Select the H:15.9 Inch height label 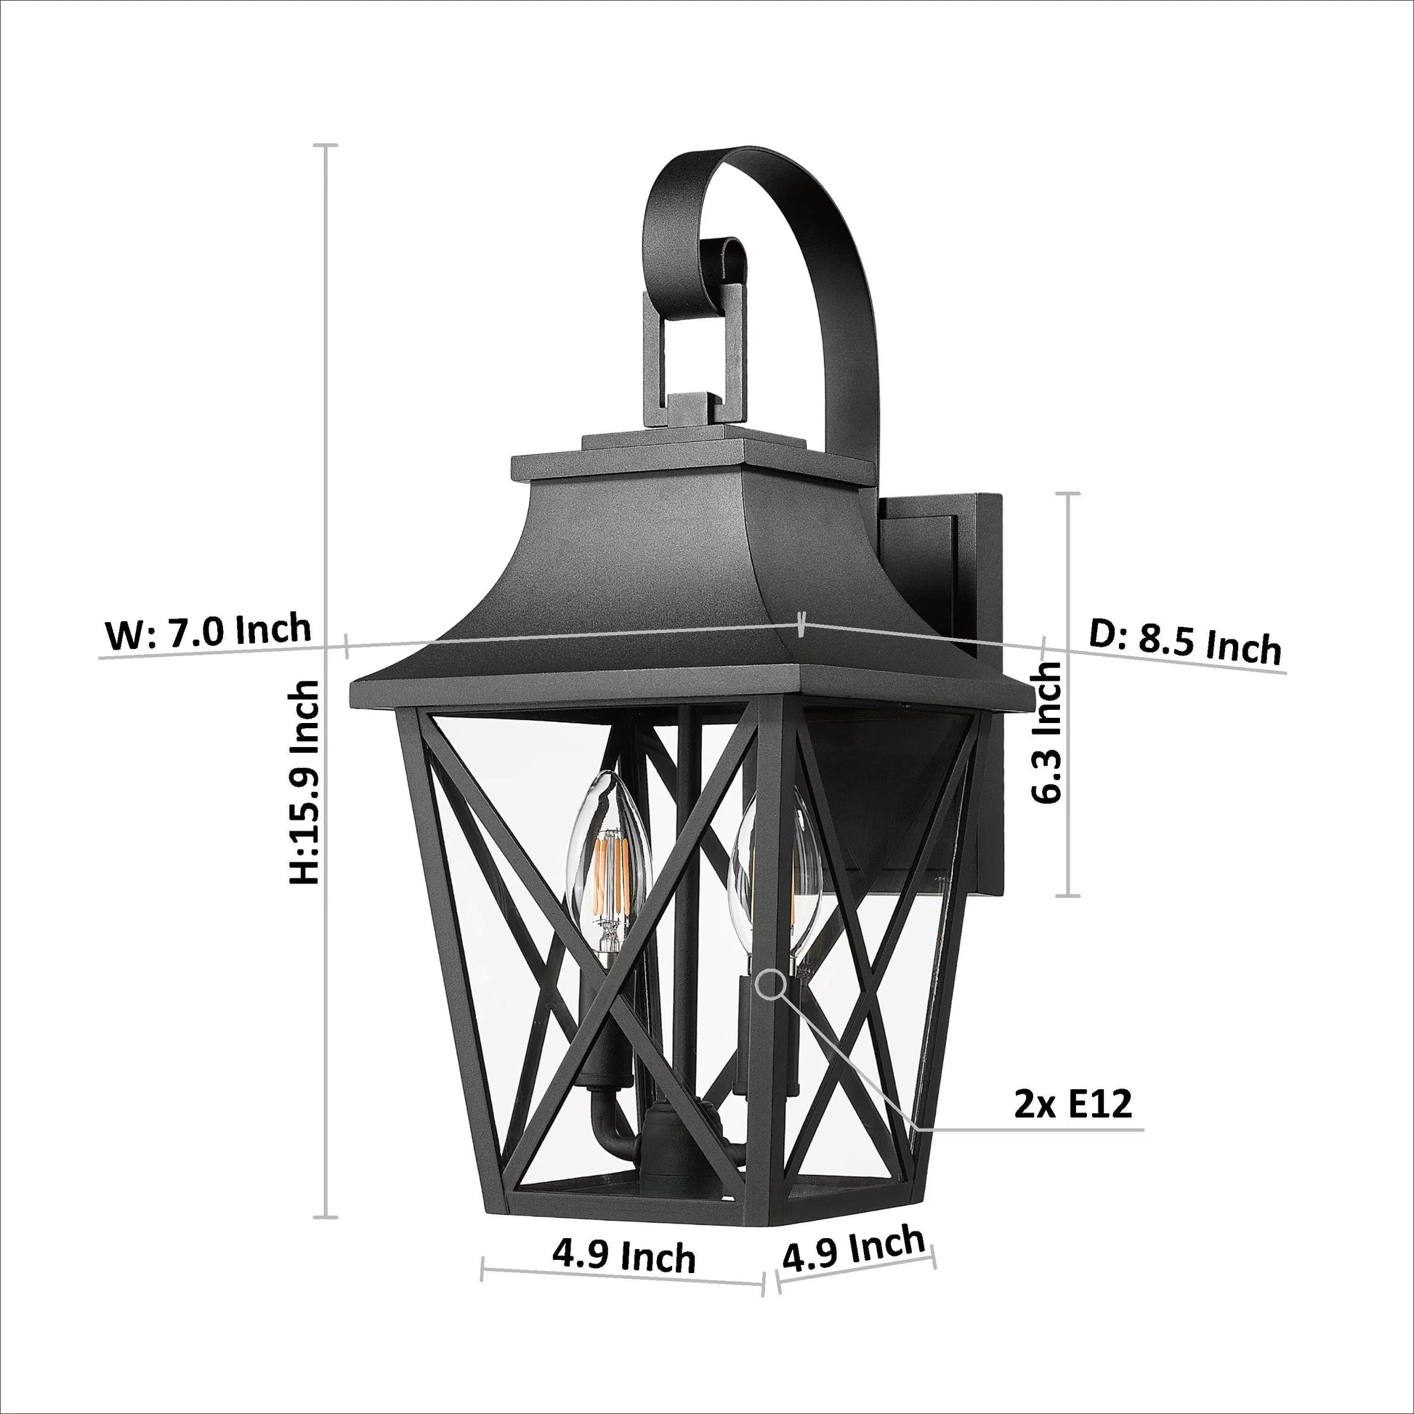304,783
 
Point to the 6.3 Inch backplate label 1046,732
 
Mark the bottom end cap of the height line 326,1218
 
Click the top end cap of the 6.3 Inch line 1070,493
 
